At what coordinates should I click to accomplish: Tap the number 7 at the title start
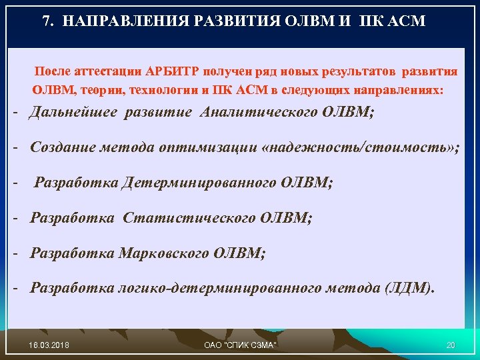[46, 21]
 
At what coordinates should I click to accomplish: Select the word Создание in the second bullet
[61, 147]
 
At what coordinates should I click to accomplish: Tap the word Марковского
[165, 253]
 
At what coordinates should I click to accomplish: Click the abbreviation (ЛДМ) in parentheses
[407, 289]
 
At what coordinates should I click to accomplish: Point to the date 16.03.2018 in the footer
[51, 344]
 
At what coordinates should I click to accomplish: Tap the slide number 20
[450, 344]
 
